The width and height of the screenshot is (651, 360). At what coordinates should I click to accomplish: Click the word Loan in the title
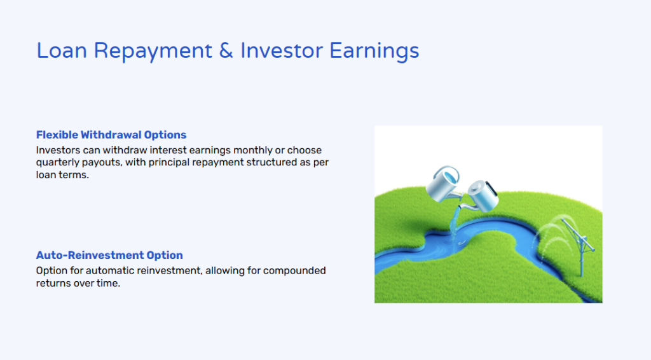click(x=62, y=51)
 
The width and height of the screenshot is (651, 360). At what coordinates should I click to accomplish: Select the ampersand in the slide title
click(x=226, y=51)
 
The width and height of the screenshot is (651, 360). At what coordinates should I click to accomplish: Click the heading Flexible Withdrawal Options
click(x=111, y=135)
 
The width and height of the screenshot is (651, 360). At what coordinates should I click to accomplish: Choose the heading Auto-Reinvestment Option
click(x=109, y=255)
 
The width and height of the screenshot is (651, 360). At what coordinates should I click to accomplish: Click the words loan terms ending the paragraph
click(x=62, y=175)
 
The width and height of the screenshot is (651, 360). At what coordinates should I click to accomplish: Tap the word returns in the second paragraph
click(x=53, y=284)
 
